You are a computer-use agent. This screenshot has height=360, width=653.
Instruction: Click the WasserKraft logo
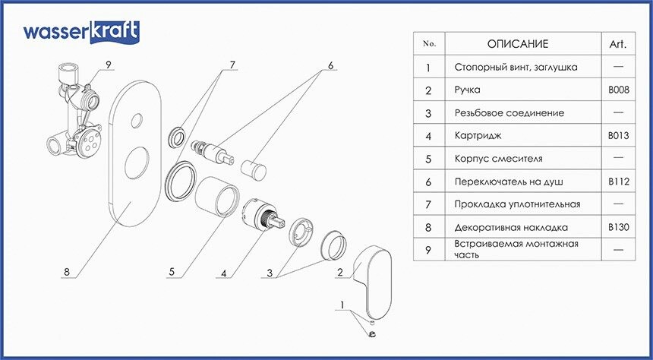(80, 32)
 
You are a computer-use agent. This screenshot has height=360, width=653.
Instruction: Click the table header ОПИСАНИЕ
(516, 44)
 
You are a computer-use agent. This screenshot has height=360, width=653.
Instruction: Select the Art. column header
(617, 44)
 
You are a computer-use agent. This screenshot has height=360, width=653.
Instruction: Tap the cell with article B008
(617, 90)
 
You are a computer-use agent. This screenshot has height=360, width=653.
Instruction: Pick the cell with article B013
(617, 135)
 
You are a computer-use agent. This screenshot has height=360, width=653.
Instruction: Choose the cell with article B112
(617, 181)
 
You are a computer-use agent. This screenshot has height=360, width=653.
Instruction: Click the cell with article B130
(617, 226)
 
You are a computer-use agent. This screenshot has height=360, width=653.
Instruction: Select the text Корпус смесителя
(494, 158)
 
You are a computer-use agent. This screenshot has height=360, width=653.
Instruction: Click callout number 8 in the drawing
(67, 271)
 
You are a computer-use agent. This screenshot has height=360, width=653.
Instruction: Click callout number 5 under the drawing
(172, 271)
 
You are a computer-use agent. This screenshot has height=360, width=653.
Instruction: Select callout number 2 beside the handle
(341, 271)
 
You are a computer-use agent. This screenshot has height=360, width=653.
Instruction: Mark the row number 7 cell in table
(430, 204)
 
